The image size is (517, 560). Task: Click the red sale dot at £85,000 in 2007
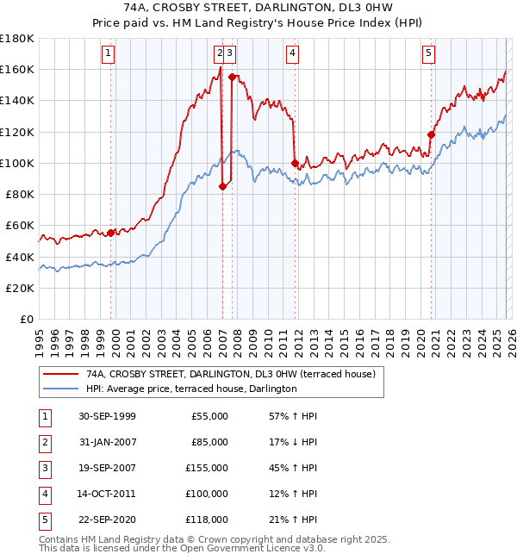222,186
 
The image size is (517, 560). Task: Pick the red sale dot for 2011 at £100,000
295,163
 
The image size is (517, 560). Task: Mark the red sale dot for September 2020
431,134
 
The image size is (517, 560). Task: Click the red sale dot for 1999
111,233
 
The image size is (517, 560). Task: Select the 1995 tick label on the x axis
40,337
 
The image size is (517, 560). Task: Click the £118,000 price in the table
207,520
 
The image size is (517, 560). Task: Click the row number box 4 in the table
43,494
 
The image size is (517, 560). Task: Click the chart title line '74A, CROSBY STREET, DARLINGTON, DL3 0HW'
258,8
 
